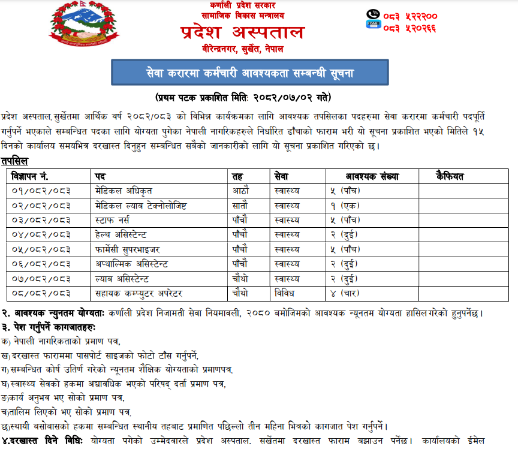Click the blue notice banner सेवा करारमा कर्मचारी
tap(242, 73)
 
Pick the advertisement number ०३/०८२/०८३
tap(41, 219)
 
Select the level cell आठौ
tap(240, 191)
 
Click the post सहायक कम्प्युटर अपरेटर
tap(138, 293)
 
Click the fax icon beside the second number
tap(372, 25)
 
